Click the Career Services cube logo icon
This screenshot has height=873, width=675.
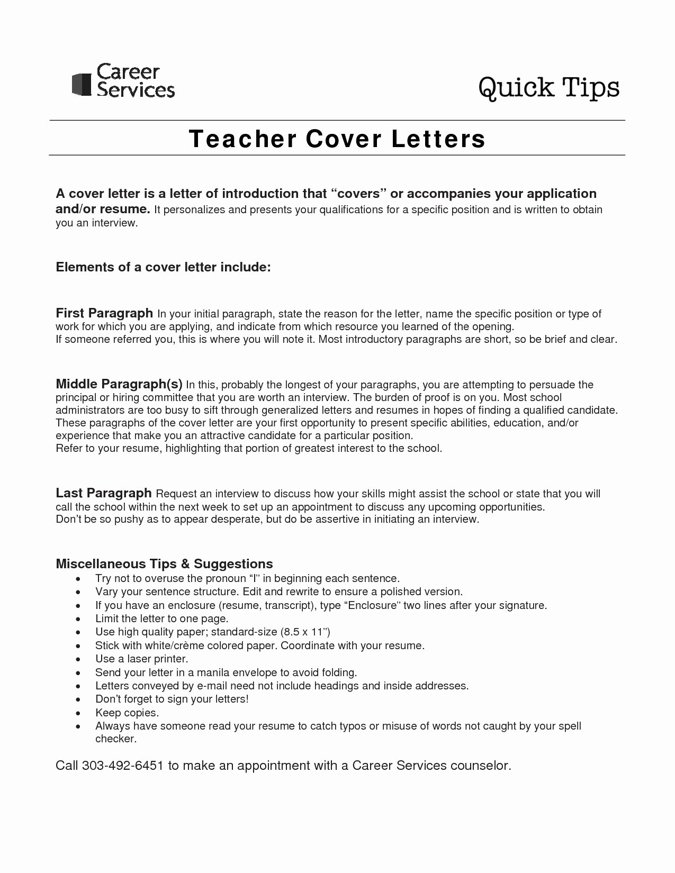point(82,84)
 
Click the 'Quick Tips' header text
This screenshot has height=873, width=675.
point(548,87)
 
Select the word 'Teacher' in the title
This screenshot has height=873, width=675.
point(242,139)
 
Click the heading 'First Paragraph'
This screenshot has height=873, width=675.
point(104,313)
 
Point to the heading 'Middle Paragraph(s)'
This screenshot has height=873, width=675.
point(119,384)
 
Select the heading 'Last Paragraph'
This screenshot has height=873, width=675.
point(104,493)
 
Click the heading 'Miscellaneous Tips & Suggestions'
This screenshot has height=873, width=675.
point(164,563)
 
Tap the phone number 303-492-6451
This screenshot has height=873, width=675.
point(122,766)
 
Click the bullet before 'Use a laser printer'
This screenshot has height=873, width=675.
point(78,660)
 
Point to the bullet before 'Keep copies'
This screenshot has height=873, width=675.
point(78,714)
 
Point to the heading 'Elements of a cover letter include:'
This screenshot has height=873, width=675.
point(163,267)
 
